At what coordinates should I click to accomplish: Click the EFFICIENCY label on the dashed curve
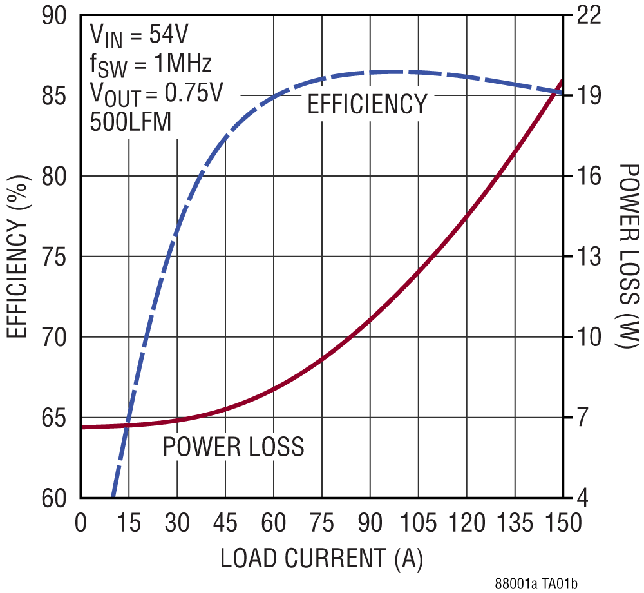(x=366, y=104)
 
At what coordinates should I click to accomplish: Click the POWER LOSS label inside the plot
(x=233, y=446)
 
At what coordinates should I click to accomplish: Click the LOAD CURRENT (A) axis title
(x=322, y=558)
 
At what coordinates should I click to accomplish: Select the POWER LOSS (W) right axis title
(x=626, y=256)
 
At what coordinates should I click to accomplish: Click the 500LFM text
(x=131, y=122)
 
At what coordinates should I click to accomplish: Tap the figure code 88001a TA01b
(x=536, y=584)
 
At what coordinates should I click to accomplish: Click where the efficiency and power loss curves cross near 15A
(x=128, y=425)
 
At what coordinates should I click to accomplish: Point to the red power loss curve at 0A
(x=82, y=427)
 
